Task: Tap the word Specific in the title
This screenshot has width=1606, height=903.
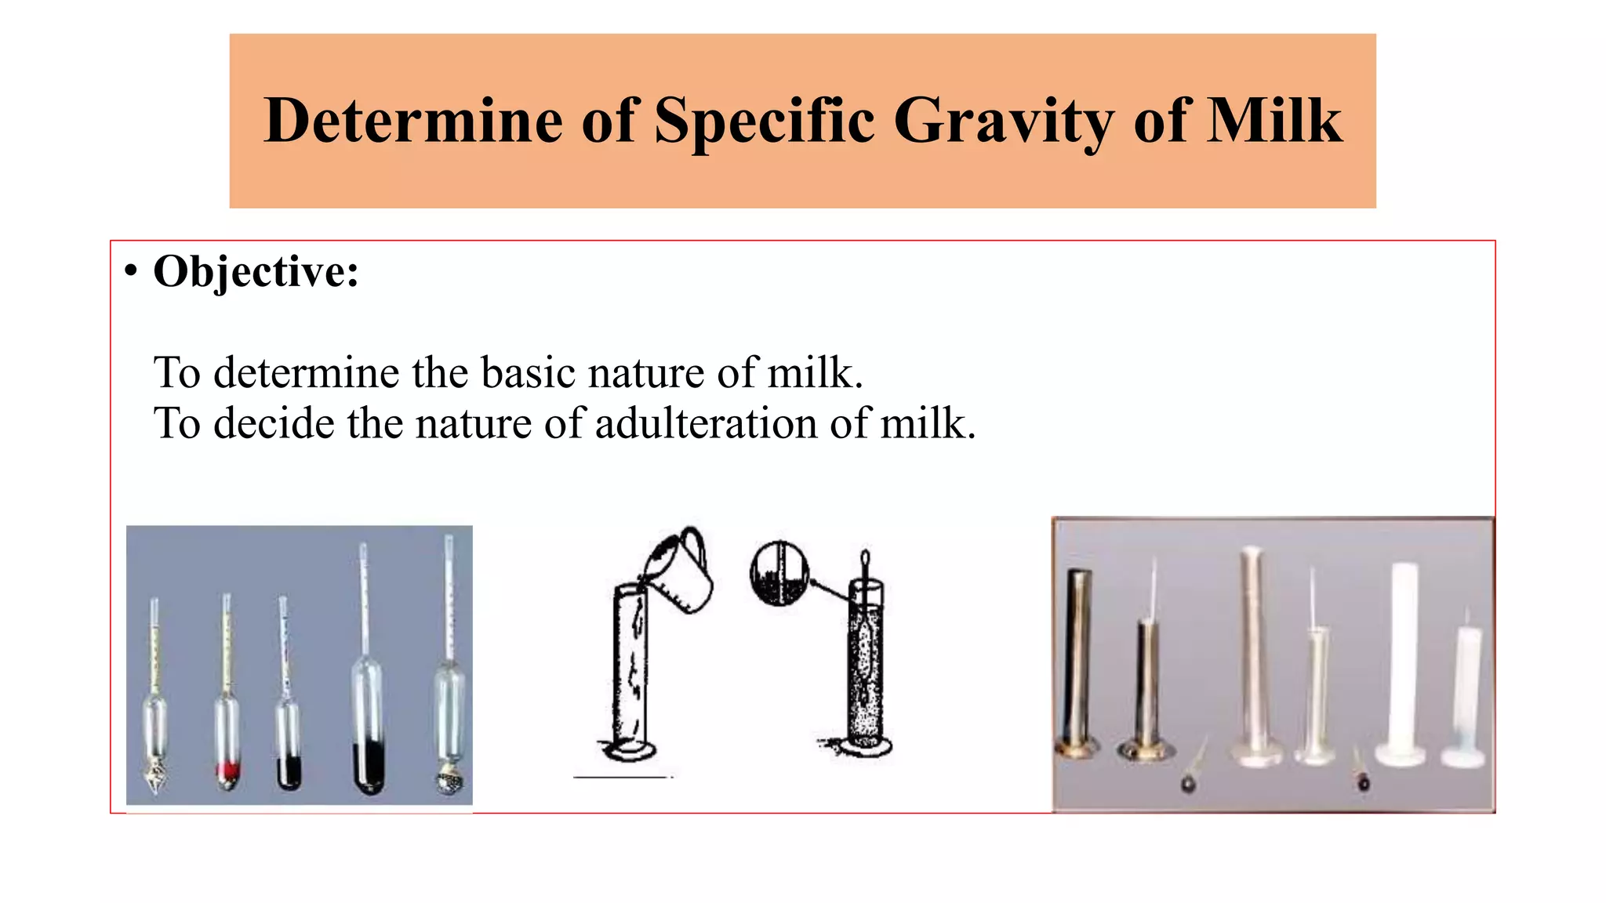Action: click(x=765, y=121)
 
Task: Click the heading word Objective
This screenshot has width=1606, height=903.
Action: click(x=256, y=273)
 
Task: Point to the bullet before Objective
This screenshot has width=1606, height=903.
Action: click(x=131, y=271)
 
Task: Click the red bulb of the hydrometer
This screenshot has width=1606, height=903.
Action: click(x=227, y=771)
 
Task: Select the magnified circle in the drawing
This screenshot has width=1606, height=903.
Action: click(x=779, y=575)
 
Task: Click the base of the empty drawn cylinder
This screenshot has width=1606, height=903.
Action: click(x=629, y=751)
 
